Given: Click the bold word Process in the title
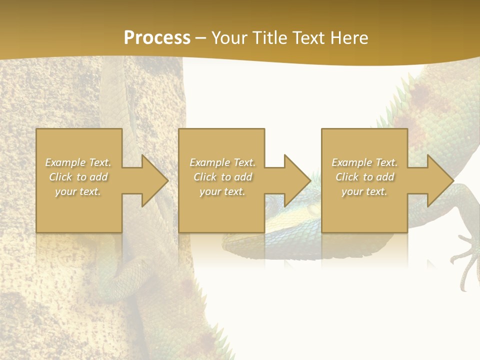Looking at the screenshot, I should pyautogui.click(x=157, y=38).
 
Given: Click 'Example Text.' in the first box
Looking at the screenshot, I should pyautogui.click(x=78, y=162).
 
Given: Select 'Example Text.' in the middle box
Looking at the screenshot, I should pyautogui.click(x=222, y=162).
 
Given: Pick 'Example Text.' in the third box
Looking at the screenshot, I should pyautogui.click(x=364, y=162).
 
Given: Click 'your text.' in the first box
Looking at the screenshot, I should pyautogui.click(x=78, y=191).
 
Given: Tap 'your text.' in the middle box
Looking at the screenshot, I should pyautogui.click(x=222, y=191).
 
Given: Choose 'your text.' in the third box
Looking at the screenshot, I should pyautogui.click(x=364, y=191).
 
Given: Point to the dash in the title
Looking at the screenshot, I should pyautogui.click(x=201, y=38).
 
